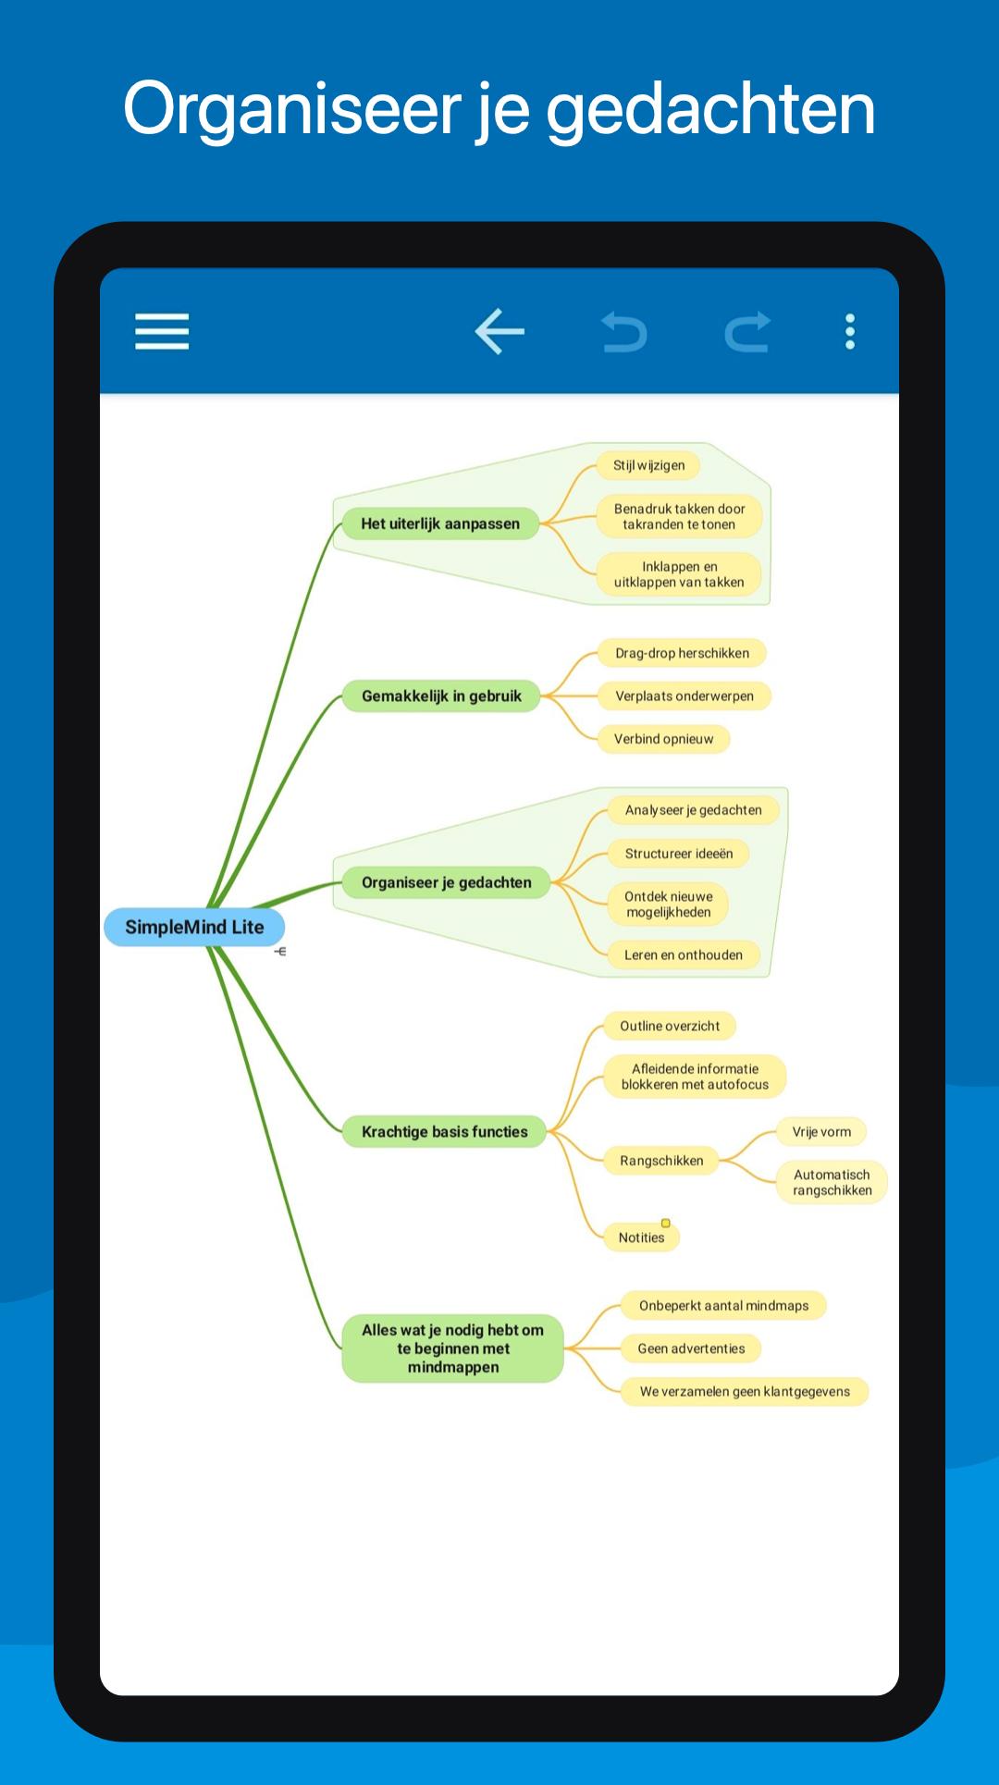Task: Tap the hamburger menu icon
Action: pos(162,331)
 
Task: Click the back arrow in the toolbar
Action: pos(499,331)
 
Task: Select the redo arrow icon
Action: pos(747,332)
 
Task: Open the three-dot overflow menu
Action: pos(850,331)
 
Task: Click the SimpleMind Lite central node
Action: pos(194,927)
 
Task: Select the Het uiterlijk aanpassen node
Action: pos(440,523)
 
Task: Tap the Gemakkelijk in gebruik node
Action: pos(441,696)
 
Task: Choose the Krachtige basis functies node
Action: pos(444,1131)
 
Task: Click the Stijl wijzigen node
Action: pos(648,465)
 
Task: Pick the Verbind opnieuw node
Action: pos(663,739)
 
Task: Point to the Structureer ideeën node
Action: pos(678,854)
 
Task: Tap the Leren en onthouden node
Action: pos(683,954)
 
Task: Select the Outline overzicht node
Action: pos(670,1026)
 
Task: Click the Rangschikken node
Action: pos(661,1161)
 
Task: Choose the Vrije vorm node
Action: pos(821,1131)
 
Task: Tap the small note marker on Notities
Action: pos(665,1224)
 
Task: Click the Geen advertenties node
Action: pos(691,1348)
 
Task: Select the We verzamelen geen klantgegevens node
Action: pos(745,1392)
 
